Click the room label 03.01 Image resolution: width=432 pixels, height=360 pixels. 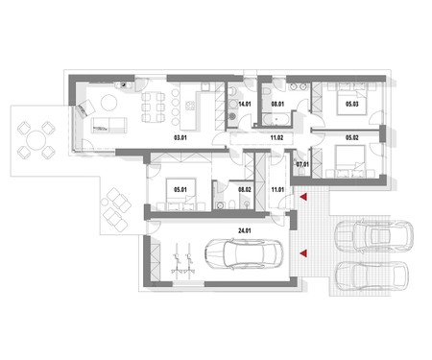(180, 138)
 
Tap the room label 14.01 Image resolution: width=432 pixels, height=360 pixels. (245, 104)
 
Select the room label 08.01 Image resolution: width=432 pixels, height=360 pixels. (277, 104)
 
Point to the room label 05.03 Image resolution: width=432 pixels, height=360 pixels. (351, 104)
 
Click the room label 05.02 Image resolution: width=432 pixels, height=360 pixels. (351, 138)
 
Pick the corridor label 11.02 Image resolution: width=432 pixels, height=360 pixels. (276, 138)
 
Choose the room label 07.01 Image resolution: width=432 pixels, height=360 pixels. (302, 164)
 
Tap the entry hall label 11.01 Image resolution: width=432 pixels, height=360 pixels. (277, 190)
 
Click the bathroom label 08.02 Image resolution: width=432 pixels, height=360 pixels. (245, 190)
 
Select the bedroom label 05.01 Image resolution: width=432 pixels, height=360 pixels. (180, 190)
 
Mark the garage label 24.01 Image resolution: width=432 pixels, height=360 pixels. (244, 230)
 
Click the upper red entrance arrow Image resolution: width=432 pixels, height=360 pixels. (303, 197)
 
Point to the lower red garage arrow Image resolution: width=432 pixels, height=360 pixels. (303, 253)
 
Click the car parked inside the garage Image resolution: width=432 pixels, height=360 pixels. (244, 253)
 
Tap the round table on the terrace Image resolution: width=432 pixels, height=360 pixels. (36, 140)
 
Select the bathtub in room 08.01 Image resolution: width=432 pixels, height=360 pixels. (276, 119)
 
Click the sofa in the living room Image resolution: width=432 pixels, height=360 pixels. (108, 125)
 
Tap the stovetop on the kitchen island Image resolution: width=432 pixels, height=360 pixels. (190, 106)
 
